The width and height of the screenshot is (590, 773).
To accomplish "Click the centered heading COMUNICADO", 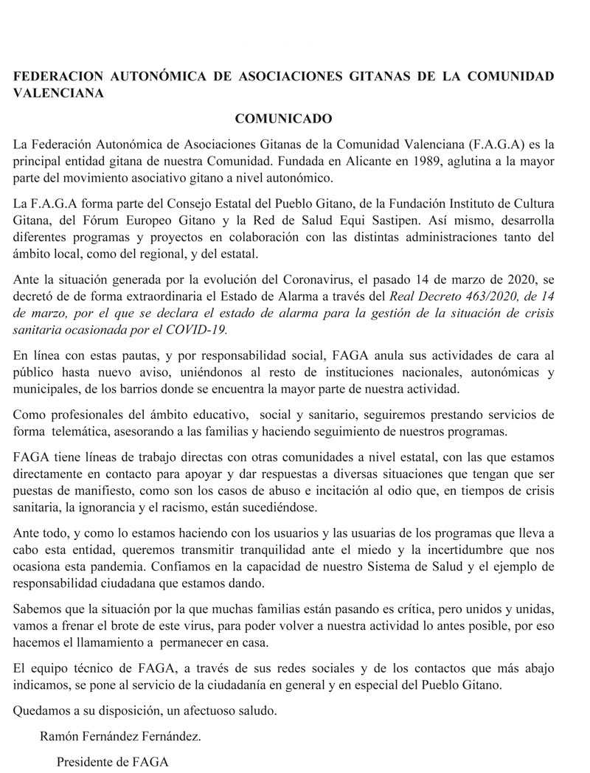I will coord(284,118).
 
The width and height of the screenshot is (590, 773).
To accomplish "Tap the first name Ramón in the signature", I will coord(58,735).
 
